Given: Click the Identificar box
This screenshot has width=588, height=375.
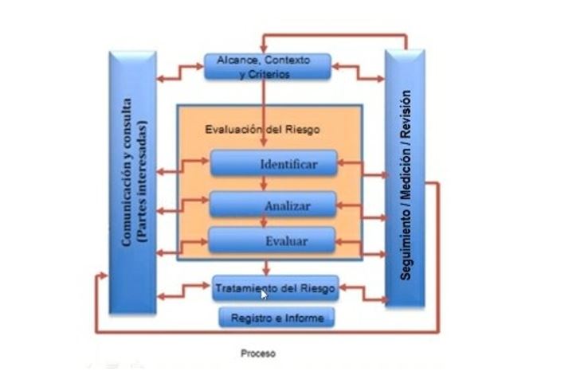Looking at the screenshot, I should pyautogui.click(x=273, y=165).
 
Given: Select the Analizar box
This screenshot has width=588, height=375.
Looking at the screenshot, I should pyautogui.click(x=273, y=205).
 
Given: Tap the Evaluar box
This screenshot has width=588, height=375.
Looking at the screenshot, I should pyautogui.click(x=273, y=239).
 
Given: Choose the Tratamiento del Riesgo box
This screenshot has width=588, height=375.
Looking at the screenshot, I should pyautogui.click(x=276, y=287).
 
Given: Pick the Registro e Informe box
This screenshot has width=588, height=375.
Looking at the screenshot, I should pyautogui.click(x=276, y=318).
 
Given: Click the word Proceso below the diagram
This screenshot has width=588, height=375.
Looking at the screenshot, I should pyautogui.click(x=257, y=353).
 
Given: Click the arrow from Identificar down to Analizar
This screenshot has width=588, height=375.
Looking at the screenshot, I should pyautogui.click(x=265, y=185).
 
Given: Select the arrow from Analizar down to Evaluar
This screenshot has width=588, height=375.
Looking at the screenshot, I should pyautogui.click(x=265, y=222).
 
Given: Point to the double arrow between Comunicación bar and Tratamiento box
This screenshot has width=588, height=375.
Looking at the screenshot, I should pyautogui.click(x=184, y=291).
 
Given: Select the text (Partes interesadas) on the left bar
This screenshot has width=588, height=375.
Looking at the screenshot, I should pyautogui.click(x=143, y=181).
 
